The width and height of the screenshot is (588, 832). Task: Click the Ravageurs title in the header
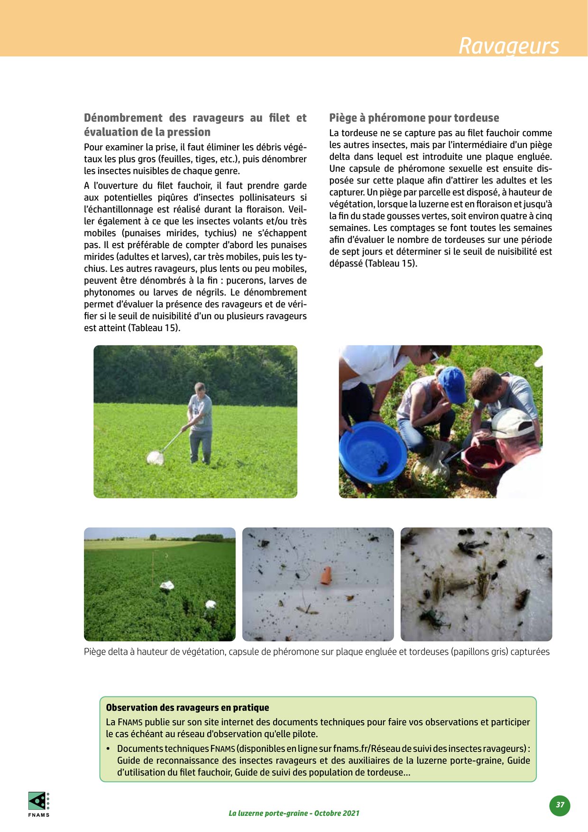(508, 46)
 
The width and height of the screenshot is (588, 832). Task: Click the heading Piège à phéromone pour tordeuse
(414, 118)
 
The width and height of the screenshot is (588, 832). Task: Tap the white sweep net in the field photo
(156, 458)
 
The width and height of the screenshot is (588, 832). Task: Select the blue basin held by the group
(373, 452)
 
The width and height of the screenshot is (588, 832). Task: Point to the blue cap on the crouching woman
(452, 384)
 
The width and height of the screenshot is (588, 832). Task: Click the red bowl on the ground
(482, 461)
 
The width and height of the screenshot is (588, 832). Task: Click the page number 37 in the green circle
(560, 804)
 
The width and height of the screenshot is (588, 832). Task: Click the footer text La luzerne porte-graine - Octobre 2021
(294, 813)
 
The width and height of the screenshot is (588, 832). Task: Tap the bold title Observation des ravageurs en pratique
(187, 707)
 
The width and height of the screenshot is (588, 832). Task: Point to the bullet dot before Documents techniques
(108, 749)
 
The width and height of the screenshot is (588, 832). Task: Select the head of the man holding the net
(200, 388)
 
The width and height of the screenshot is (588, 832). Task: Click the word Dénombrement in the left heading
(123, 118)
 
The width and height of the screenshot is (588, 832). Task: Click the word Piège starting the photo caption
(95, 652)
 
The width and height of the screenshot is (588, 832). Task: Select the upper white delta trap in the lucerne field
(167, 586)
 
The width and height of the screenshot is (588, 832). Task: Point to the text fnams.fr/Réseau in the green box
(360, 749)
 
